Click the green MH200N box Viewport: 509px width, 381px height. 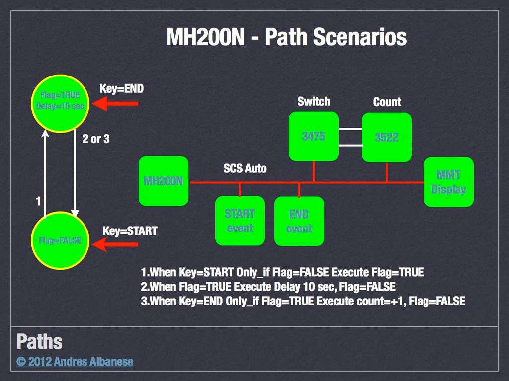point(164,181)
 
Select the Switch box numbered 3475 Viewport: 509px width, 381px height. point(313,137)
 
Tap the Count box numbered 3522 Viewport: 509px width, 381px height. point(386,137)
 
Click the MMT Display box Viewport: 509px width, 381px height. point(448,182)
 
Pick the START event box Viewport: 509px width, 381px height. point(240,221)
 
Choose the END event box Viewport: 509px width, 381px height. point(299,221)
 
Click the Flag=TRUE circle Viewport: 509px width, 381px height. point(60,103)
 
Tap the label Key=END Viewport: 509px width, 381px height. point(122,89)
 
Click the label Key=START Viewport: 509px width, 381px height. point(130,231)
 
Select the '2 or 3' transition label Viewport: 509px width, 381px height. point(96,139)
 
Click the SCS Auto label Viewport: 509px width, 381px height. point(245,169)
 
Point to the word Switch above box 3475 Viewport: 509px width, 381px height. point(314,102)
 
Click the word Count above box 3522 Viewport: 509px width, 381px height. point(387,102)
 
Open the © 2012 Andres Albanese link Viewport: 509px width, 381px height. point(75,361)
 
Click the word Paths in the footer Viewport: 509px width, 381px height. point(39,342)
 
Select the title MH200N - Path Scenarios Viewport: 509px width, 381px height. point(286,37)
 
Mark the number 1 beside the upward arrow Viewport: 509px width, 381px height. point(38,201)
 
